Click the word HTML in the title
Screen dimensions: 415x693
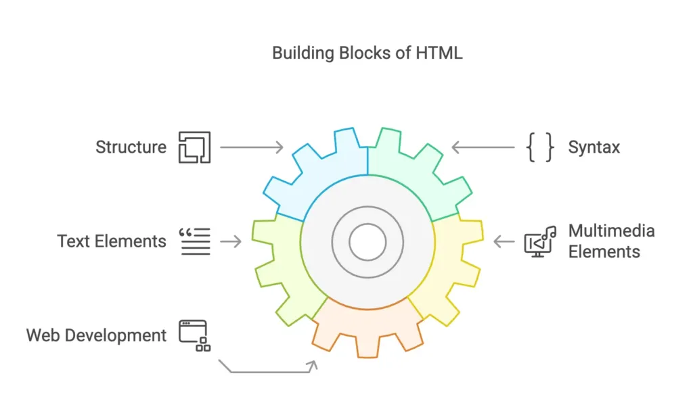click(440, 53)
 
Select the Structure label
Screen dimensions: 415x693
click(131, 147)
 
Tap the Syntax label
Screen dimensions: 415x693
click(594, 147)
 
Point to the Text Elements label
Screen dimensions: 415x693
click(112, 241)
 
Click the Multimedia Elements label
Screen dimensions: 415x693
click(611, 241)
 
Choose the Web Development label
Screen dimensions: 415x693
click(96, 335)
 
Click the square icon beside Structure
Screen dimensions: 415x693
click(194, 147)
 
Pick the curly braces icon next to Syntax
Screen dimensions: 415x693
click(540, 147)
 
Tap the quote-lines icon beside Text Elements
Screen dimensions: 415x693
click(194, 241)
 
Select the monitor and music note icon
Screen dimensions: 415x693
click(539, 242)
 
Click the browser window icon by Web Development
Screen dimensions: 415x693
click(194, 335)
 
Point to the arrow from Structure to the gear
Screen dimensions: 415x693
click(251, 147)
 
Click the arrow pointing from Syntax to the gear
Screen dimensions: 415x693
click(483, 147)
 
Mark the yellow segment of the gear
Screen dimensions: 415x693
click(450, 270)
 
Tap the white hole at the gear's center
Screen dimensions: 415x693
click(367, 241)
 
